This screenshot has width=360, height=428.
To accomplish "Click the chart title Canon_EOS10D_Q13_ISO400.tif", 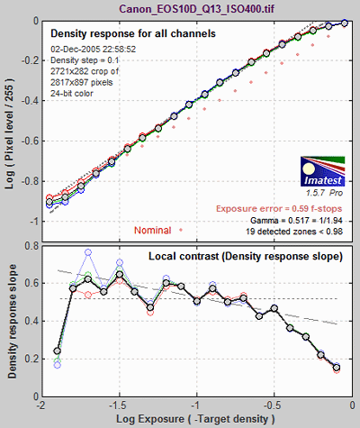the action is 196,8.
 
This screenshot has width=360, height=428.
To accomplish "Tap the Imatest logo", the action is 323,171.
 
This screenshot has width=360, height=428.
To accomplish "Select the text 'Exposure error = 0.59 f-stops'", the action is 279,209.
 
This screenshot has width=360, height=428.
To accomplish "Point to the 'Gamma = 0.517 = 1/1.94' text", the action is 296,221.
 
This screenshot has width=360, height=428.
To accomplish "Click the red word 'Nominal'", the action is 152,231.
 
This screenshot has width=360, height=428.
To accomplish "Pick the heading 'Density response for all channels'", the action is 133,33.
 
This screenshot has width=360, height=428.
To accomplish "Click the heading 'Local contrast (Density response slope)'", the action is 246,256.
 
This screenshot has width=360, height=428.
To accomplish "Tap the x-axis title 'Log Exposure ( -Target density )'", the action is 195,419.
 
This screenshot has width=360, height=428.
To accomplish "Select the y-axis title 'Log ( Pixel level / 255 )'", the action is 10,133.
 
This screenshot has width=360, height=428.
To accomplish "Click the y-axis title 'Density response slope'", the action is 12,322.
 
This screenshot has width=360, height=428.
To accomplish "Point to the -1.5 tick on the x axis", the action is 119,405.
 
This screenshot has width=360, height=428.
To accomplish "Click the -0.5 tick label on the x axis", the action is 274,405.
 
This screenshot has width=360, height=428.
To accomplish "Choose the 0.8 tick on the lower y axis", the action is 32,246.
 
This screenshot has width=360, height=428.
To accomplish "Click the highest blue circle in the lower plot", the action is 88,252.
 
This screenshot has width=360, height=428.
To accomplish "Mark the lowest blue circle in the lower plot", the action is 58,365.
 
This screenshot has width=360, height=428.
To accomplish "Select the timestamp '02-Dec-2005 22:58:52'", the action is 93,50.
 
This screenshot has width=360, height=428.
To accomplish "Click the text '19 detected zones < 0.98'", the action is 294,232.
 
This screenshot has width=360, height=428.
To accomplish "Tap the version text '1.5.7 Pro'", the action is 324,193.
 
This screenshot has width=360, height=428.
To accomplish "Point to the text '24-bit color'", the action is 72,94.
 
